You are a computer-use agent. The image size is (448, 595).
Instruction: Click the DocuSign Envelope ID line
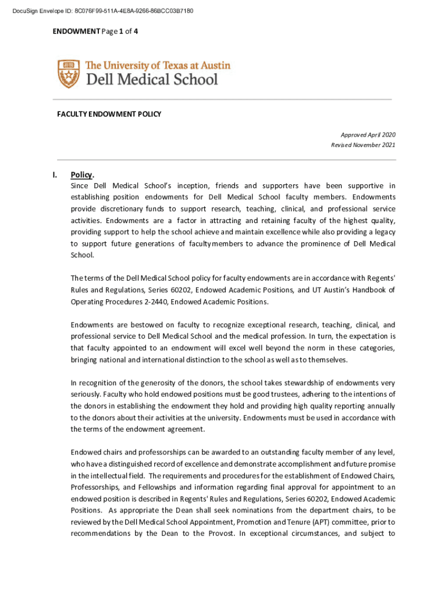tap(98, 11)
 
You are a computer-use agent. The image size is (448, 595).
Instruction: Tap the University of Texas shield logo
tap(69, 74)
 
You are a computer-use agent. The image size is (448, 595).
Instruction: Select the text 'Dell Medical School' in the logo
tap(152, 79)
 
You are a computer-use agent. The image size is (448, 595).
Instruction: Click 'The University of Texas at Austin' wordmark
tap(158, 65)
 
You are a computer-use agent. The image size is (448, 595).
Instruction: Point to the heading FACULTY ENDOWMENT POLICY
tap(109, 114)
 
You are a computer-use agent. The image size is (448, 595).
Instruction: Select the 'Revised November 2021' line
tap(363, 145)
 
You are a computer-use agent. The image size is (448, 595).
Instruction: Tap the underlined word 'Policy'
tap(81, 174)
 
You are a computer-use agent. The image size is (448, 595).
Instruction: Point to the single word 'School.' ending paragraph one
tap(81, 255)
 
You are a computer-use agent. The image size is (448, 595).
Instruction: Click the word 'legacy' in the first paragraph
tap(383, 232)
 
